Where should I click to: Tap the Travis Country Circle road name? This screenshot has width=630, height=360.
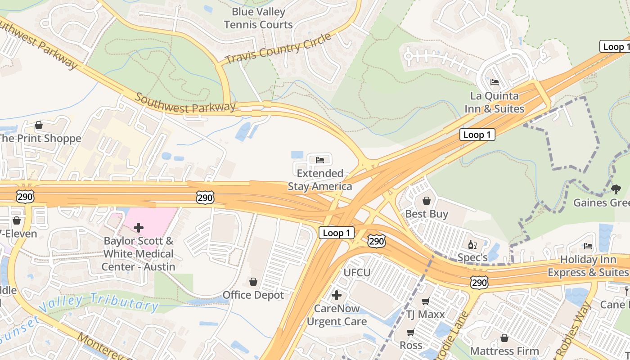(x=278, y=49)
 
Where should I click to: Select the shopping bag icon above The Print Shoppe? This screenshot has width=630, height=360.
(x=39, y=125)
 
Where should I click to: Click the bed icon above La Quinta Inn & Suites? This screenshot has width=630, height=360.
(x=495, y=82)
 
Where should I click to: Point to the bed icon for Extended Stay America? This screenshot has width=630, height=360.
(x=320, y=160)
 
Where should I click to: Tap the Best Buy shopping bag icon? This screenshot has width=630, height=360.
(x=426, y=200)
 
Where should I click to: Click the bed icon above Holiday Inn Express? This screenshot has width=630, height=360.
(x=588, y=246)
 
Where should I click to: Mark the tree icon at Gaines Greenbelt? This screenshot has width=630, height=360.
(x=616, y=189)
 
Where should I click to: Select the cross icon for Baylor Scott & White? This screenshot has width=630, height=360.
(x=139, y=228)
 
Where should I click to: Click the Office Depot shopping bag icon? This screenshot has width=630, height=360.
(x=253, y=282)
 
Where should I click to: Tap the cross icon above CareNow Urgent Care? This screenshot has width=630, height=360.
(x=337, y=295)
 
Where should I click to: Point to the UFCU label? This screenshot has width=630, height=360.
(x=357, y=273)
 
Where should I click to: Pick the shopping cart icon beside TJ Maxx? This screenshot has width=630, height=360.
(x=425, y=301)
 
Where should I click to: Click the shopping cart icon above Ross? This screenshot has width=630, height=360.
(x=410, y=332)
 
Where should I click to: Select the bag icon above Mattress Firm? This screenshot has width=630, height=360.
(x=504, y=337)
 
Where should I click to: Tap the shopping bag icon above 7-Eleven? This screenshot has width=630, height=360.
(x=17, y=220)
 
